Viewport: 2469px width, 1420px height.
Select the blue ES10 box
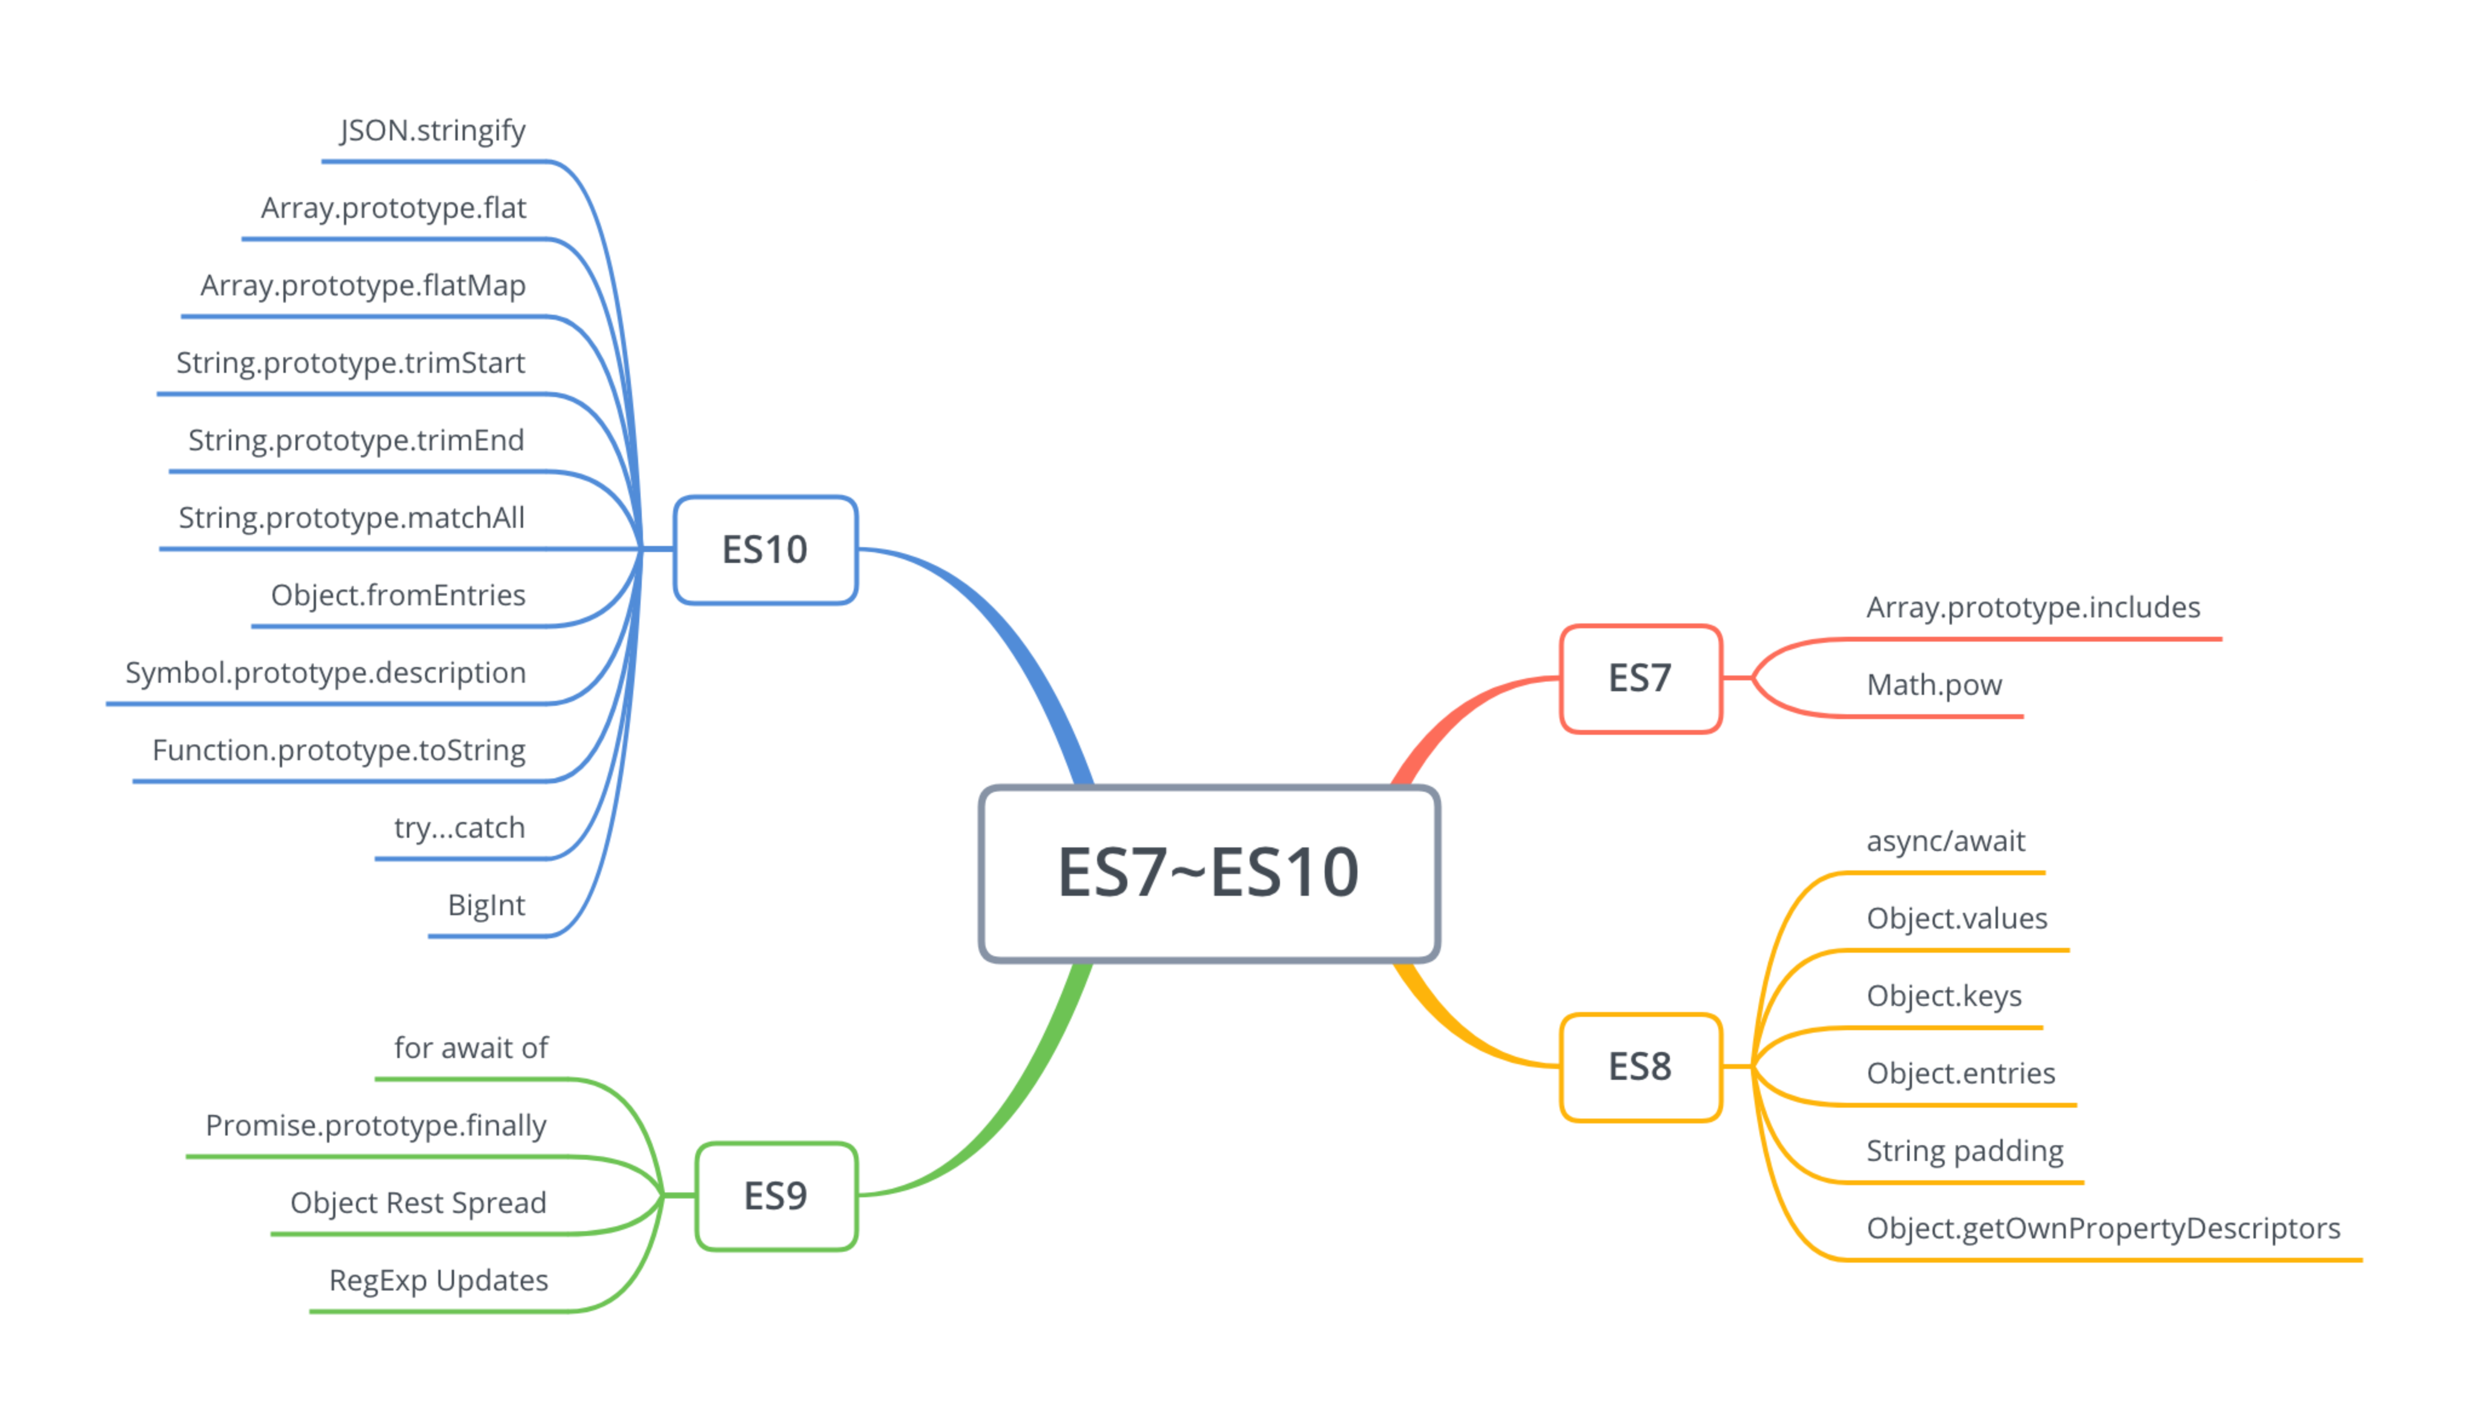tap(766, 550)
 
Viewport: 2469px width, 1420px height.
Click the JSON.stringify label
tap(433, 131)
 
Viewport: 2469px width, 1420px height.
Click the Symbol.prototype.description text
tap(326, 673)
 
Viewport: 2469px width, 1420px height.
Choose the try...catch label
tap(460, 828)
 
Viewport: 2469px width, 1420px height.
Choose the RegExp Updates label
tap(439, 1281)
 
